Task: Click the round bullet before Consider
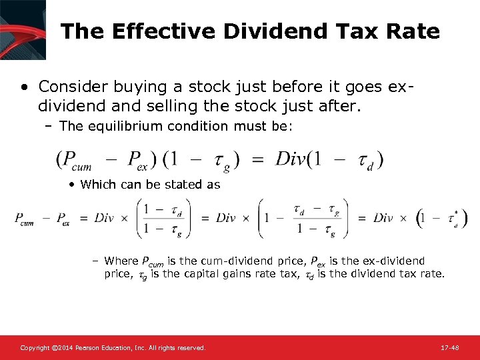(24, 87)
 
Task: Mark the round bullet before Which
(71, 185)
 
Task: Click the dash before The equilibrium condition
(51, 127)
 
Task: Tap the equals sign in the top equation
(259, 160)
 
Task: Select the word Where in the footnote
(121, 261)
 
